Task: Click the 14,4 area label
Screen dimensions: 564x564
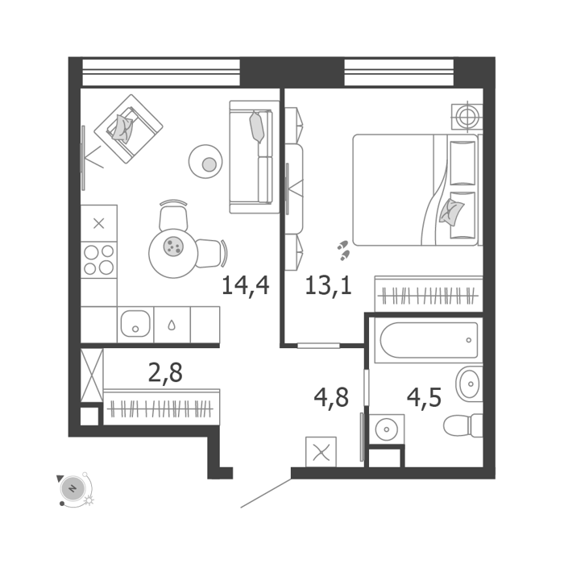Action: pos(245,285)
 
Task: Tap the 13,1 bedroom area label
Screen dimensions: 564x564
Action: pos(328,285)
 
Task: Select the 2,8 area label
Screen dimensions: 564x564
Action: pos(165,373)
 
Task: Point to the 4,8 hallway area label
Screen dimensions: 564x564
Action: pos(331,398)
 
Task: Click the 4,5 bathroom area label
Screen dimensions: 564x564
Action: pos(424,398)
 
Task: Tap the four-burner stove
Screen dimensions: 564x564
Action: pos(99,259)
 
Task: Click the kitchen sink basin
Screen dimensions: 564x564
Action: pos(135,323)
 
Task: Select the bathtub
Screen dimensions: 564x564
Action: pos(429,340)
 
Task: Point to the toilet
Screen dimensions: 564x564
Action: pos(463,425)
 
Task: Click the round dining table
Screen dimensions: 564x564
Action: pos(173,253)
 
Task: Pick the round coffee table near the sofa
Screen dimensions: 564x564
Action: pos(205,161)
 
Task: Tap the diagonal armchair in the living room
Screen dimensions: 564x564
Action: pos(128,129)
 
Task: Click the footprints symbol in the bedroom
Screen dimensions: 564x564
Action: pos(343,251)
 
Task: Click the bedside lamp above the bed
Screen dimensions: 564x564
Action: pos(467,116)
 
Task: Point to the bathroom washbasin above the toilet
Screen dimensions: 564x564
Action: pos(469,384)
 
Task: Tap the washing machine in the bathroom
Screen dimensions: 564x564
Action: pos(387,429)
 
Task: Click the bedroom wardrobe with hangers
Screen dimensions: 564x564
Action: pos(429,294)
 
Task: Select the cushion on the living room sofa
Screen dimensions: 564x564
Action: pos(257,127)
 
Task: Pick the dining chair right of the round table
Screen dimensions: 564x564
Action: pos(211,254)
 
